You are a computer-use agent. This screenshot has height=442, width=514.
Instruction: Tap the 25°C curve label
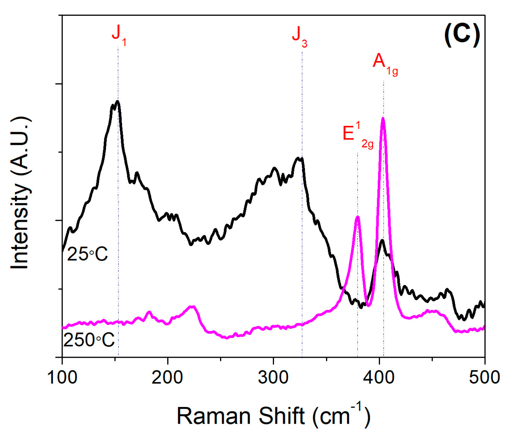click(x=87, y=254)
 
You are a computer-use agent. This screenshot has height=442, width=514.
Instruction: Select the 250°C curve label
click(x=89, y=340)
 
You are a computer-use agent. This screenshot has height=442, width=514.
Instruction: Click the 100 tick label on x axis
click(x=62, y=377)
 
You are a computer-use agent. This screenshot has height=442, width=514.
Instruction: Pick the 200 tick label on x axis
click(x=167, y=377)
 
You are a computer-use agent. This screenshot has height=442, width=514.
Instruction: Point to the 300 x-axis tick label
click(x=273, y=377)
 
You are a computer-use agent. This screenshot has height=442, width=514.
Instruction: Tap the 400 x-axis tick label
click(x=379, y=377)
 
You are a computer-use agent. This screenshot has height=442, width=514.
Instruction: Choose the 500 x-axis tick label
click(x=484, y=377)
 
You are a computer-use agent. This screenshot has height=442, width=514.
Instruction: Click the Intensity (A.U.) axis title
click(x=20, y=193)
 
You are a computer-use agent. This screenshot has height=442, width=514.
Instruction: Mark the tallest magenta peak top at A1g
click(x=383, y=118)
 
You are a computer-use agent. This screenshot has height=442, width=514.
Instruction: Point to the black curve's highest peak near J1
click(x=117, y=101)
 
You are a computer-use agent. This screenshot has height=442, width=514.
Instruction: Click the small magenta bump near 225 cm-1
click(x=192, y=307)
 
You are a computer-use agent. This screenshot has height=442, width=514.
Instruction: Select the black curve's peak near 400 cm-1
click(x=382, y=240)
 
